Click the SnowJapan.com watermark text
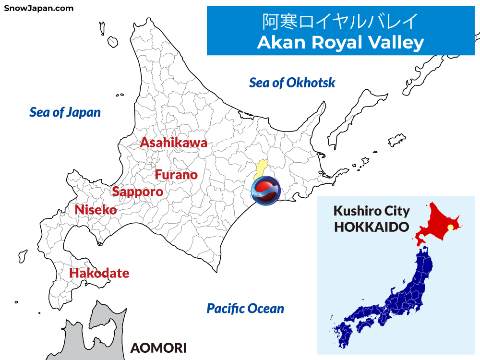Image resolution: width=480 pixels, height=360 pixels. (x=39, y=8)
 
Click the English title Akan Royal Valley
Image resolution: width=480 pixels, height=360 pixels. (x=340, y=42)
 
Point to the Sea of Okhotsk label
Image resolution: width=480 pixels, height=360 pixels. (x=292, y=83)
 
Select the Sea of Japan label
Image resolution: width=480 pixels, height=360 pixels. (x=65, y=112)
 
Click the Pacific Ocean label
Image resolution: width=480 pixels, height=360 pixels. (x=245, y=308)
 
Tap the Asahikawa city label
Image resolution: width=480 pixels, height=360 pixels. (x=173, y=143)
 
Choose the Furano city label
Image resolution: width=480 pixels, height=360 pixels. (x=176, y=175)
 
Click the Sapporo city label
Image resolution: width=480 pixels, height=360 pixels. (x=137, y=192)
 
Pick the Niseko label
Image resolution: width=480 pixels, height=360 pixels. (x=96, y=210)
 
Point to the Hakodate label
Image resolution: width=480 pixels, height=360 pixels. (x=99, y=273)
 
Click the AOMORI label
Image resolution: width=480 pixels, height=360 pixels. (x=158, y=348)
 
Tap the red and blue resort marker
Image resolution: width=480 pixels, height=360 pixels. (x=265, y=191)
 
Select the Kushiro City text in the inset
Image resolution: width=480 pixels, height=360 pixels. (x=372, y=211)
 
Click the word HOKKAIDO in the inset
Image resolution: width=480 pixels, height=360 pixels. (x=372, y=227)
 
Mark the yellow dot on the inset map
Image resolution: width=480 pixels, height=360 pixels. (x=450, y=228)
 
